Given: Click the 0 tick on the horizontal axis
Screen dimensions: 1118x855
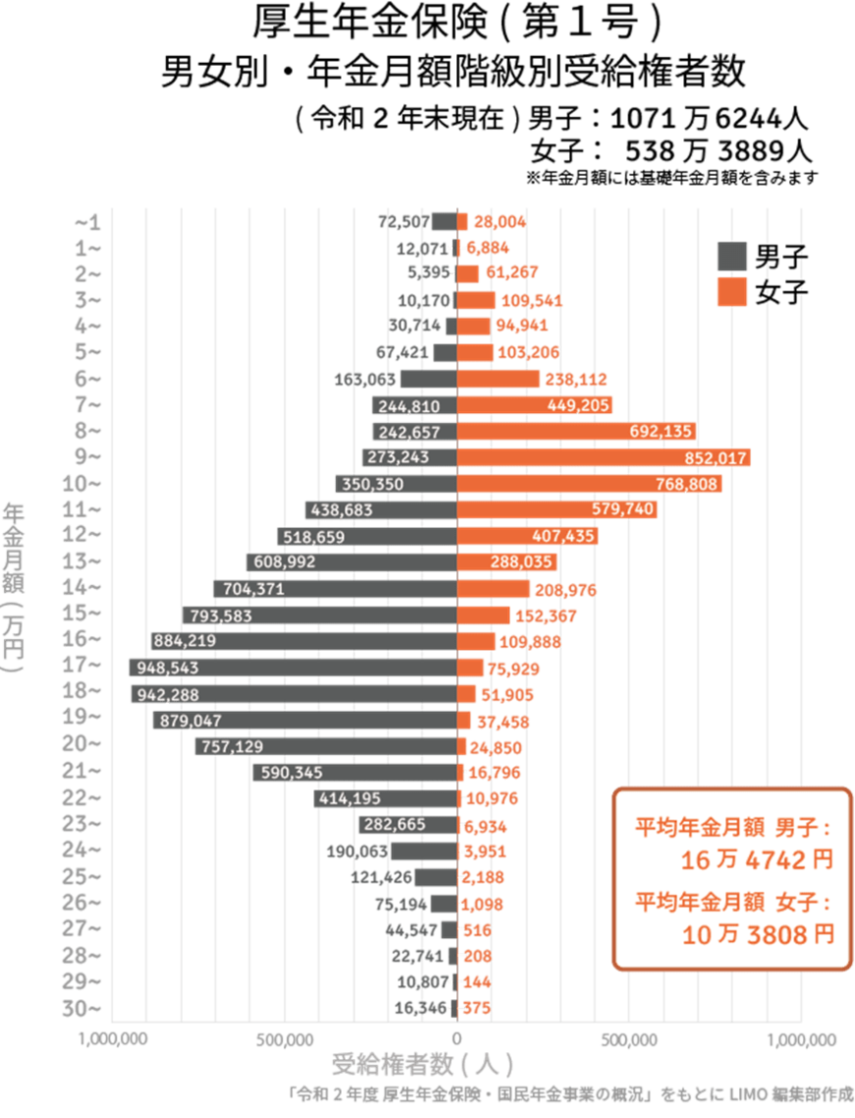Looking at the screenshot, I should [x=456, y=1038].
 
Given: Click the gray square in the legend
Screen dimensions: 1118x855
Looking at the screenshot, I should [x=732, y=257].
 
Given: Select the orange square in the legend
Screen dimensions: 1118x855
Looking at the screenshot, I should [x=732, y=292].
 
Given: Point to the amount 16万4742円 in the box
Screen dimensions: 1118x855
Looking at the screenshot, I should [x=757, y=859].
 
